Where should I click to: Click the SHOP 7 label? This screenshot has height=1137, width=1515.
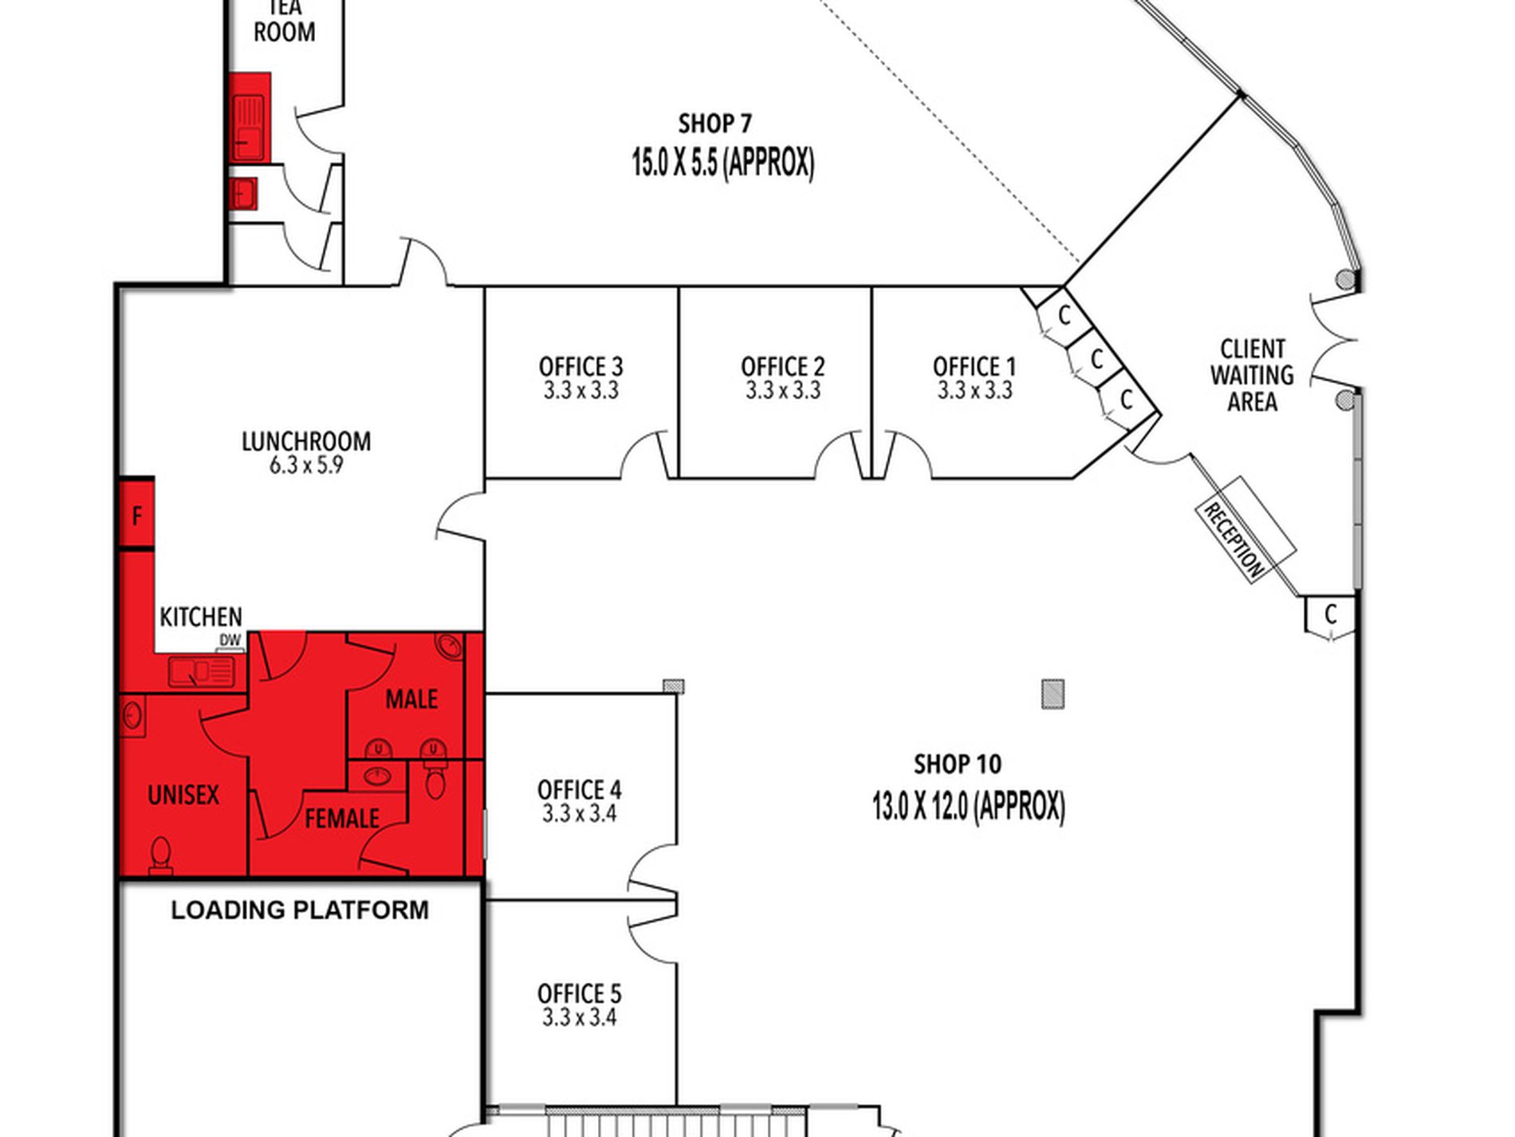[715, 124]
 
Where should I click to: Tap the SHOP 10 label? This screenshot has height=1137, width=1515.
[958, 764]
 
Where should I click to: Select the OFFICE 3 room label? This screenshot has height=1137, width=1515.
[580, 367]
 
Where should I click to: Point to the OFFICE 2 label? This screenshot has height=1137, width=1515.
[782, 367]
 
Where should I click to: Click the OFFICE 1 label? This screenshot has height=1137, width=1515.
[974, 367]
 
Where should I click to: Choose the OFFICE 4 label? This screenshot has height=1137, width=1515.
[579, 790]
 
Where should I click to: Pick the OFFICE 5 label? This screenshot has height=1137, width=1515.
[579, 993]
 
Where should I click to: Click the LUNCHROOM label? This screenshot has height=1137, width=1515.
[306, 441]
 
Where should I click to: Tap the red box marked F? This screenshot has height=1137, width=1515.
[136, 515]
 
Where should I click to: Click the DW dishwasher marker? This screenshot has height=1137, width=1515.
[230, 641]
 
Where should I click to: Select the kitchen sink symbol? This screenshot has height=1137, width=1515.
[201, 672]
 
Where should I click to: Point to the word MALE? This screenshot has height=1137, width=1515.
[411, 700]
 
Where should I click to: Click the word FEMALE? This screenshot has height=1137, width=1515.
[342, 819]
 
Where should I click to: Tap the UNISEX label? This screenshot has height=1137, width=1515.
[183, 795]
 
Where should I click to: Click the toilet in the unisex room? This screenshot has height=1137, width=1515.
[161, 855]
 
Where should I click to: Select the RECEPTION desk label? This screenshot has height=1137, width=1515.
[1234, 540]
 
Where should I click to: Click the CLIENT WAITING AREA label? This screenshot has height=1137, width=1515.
[1252, 375]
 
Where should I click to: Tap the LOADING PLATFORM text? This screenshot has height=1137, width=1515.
[300, 910]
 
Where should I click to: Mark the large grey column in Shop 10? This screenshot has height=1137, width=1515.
[1053, 694]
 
